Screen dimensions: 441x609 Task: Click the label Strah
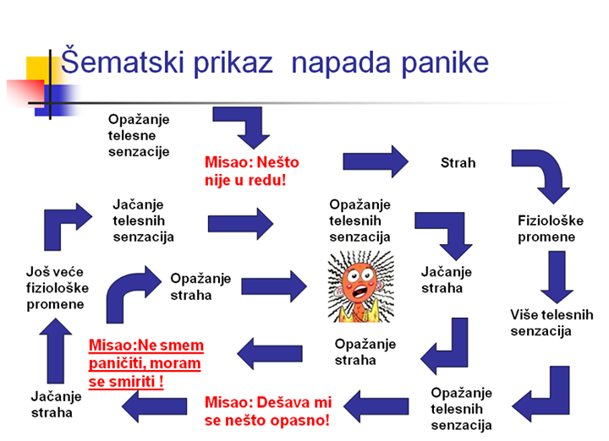[458, 161]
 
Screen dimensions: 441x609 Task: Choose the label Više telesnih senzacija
[551, 323]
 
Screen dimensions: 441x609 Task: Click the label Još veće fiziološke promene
[55, 287]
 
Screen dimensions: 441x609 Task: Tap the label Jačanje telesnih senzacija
[144, 220]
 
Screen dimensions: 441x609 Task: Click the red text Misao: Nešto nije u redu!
[252, 170]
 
